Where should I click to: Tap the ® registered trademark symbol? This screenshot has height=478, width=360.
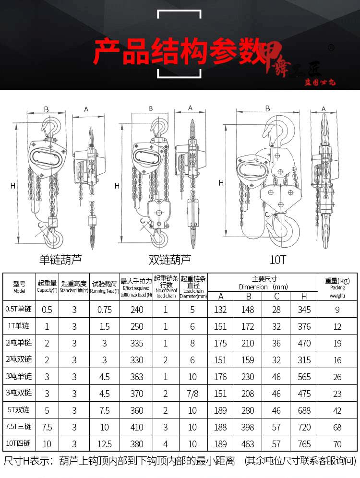click(330, 48)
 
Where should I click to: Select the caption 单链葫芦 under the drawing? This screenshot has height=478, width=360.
click(60, 260)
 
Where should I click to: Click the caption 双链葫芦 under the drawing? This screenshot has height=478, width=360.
click(169, 260)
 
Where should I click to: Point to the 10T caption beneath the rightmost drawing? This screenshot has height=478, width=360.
click(277, 260)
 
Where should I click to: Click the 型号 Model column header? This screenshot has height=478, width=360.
click(19, 287)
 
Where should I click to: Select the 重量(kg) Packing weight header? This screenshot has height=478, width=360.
click(337, 287)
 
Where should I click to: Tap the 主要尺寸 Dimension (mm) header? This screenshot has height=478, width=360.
click(263, 283)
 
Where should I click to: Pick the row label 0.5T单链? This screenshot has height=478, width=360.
click(19, 310)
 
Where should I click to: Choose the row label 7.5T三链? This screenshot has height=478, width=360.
click(19, 427)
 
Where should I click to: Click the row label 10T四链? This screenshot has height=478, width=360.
click(19, 444)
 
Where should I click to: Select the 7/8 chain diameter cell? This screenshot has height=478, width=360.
click(193, 394)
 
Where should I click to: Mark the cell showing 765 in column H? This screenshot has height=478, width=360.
click(304, 444)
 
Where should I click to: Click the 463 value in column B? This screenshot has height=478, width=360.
click(248, 444)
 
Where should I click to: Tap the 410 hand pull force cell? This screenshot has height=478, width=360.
click(137, 427)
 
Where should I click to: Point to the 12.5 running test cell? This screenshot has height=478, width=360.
click(104, 444)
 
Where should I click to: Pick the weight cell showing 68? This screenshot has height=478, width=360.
click(337, 427)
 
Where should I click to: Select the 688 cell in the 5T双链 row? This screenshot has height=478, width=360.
click(304, 410)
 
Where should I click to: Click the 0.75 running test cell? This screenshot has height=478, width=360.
click(104, 310)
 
